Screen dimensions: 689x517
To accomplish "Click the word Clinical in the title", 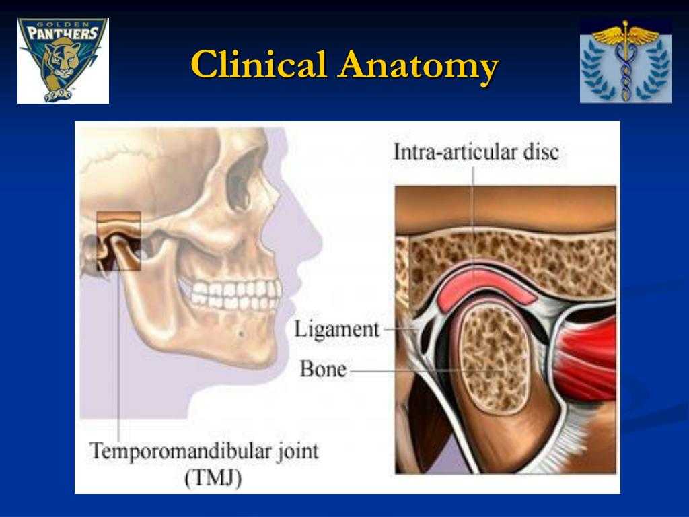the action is tap(259, 64).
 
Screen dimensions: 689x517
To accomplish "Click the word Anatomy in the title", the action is tap(419, 67).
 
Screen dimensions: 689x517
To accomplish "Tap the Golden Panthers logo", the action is tap(63, 60).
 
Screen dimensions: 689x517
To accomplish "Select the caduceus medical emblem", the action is tap(626, 61).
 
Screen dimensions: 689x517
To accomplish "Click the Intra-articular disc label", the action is tap(476, 152).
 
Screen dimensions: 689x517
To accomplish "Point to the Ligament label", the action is tap(336, 329).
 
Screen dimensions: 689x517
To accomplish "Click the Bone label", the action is tap(323, 369).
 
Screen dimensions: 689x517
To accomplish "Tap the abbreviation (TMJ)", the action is tap(213, 478).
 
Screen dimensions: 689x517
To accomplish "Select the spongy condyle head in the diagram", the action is tap(495, 358).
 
